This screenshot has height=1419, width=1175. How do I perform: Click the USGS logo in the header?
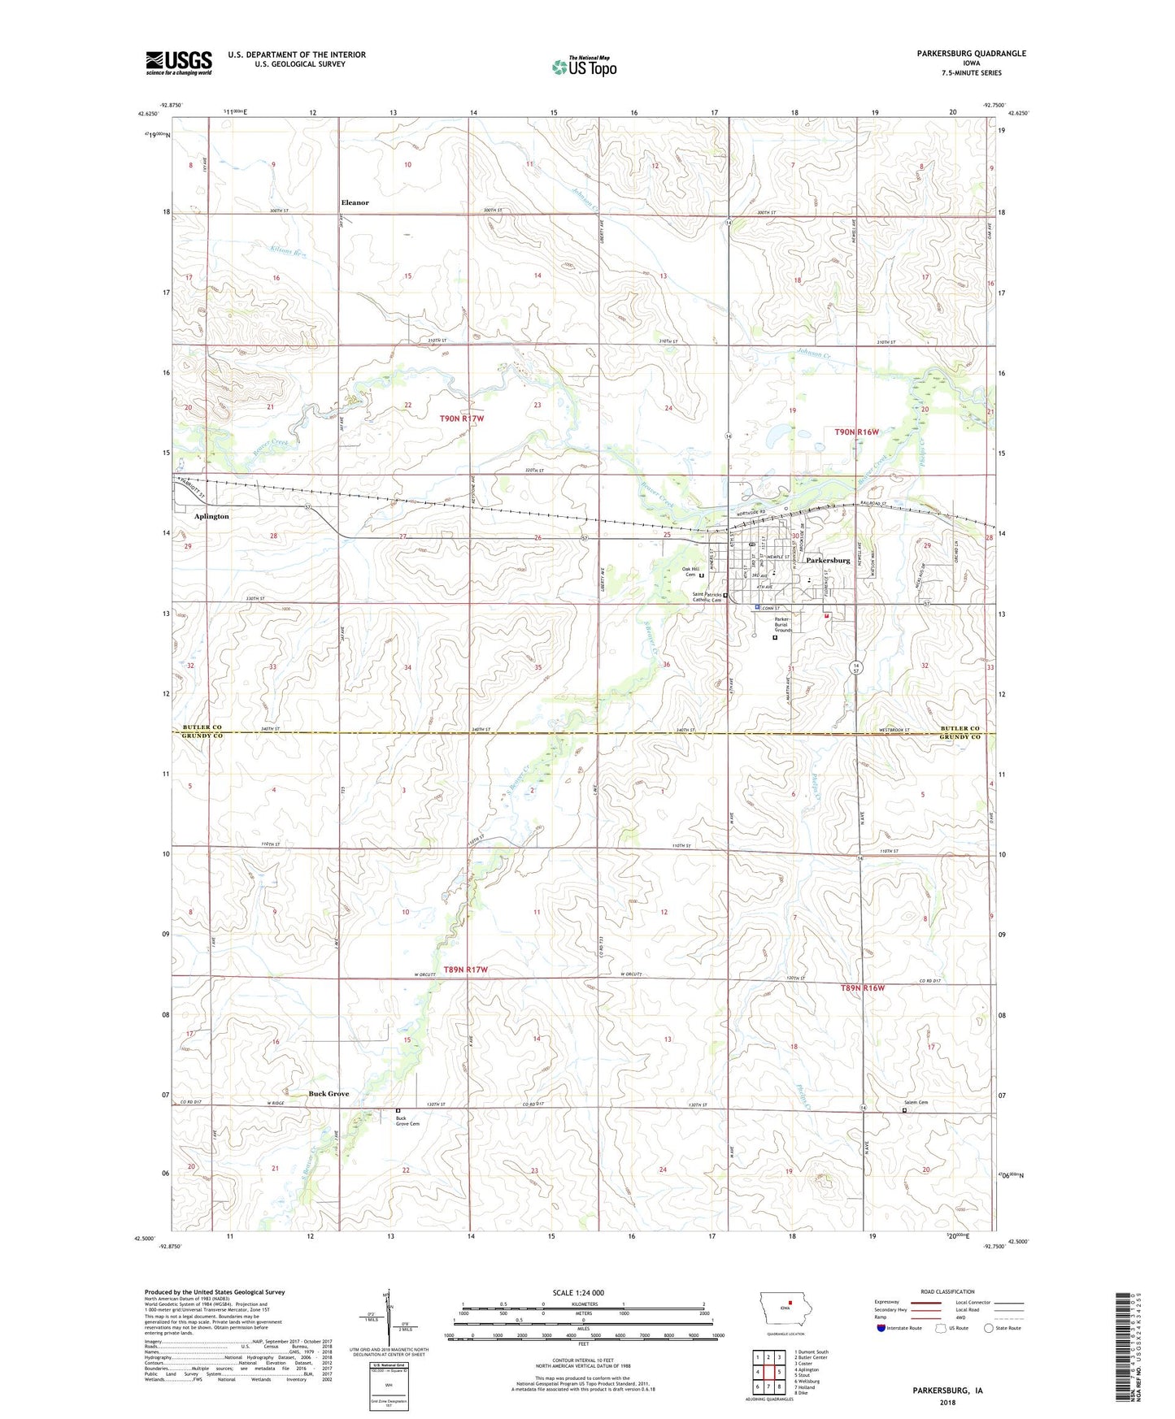pos(179,63)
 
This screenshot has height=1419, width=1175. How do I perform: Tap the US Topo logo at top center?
pos(584,66)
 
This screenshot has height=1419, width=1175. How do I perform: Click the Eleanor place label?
pos(355,203)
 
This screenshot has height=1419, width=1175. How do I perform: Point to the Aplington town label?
pos(211,517)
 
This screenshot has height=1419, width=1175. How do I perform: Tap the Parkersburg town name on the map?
pos(828,561)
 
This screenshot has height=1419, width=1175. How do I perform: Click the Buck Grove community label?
pos(329,1094)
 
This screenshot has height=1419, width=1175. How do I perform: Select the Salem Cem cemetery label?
pos(916,1103)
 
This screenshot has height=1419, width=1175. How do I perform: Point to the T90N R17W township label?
pos(462,419)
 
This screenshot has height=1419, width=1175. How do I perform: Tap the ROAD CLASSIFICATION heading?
pos(947,1291)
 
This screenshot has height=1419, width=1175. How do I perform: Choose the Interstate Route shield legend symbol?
pos(881,1329)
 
